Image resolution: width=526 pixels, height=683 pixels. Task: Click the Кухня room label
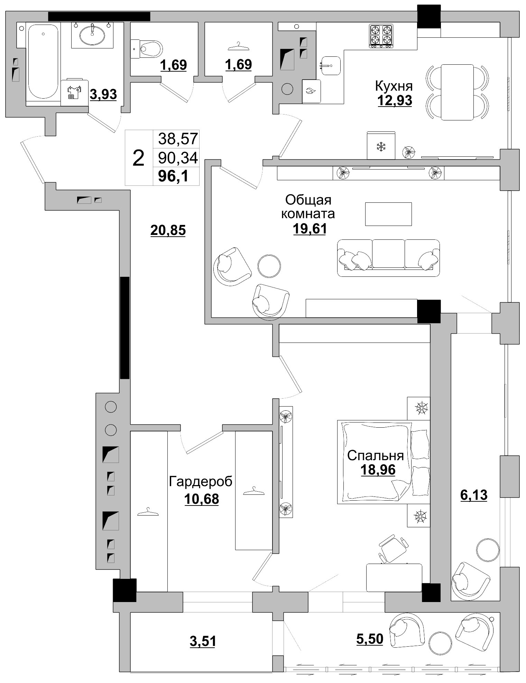394,85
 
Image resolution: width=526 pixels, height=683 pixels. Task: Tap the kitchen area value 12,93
395,100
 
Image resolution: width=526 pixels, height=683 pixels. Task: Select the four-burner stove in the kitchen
381,35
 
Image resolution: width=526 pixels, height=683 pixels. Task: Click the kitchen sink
330,65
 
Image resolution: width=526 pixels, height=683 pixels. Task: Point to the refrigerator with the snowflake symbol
381,145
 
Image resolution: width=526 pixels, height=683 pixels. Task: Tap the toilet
147,49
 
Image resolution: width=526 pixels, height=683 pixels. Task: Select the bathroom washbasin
93,35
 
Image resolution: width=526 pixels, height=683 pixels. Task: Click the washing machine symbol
74,92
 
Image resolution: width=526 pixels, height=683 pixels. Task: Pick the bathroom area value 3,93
103,94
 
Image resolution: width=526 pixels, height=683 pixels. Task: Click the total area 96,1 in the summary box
173,177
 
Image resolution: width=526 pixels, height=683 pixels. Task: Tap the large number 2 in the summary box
138,158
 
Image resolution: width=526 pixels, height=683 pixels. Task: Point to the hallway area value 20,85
168,230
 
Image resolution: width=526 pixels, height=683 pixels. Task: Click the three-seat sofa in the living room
388,258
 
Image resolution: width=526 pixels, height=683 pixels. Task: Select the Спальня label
376,456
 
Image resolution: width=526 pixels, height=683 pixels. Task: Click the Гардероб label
201,482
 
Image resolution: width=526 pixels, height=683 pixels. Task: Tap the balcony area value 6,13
474,495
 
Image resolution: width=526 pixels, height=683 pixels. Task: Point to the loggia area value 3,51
203,641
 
